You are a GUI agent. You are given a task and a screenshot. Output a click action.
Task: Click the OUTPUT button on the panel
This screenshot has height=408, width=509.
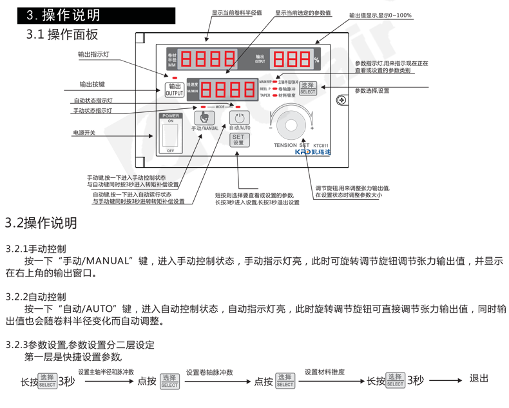pos(174,90)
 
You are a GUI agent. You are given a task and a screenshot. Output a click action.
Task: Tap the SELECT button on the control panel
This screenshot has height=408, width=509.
pos(308,88)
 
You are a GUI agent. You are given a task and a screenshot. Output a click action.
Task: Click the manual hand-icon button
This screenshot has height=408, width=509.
pos(204,118)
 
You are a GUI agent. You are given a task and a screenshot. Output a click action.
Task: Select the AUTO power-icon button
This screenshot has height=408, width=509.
pos(239,118)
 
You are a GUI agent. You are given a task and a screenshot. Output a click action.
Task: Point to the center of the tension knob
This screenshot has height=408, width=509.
pos(291,124)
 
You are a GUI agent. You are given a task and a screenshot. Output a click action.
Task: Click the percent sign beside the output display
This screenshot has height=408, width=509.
pos(316,60)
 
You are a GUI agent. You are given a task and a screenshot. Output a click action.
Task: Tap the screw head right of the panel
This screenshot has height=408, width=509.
pos(341,100)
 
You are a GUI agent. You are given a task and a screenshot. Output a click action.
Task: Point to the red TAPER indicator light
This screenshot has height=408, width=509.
pos(274,95)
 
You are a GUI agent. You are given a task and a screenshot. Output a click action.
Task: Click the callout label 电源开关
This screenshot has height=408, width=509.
pos(84,133)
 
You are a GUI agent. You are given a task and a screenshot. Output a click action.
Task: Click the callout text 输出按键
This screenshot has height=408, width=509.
pos(92,84)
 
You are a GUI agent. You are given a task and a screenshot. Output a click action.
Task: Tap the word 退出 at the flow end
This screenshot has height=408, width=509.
pos(479,379)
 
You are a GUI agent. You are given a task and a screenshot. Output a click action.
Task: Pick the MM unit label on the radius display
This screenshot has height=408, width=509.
pos(171,66)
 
